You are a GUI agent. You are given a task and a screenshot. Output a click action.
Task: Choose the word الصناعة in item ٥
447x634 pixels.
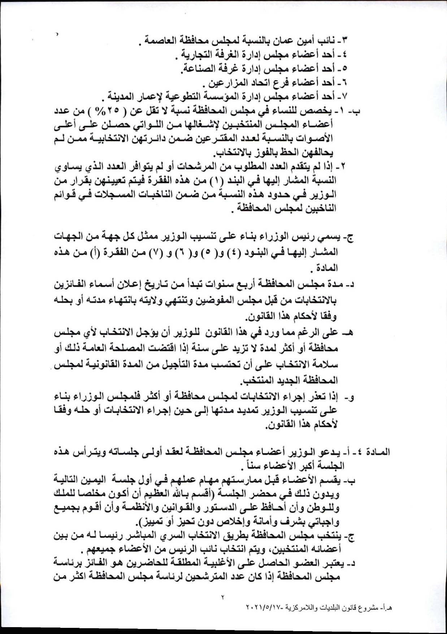199,69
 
